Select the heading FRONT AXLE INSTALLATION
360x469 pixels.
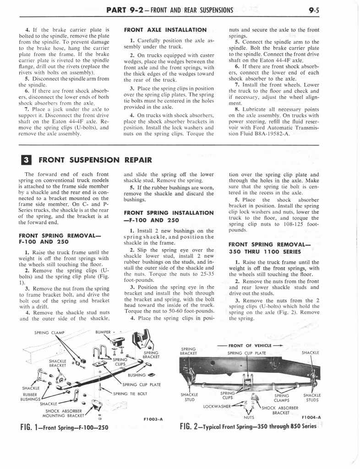[x=165, y=30]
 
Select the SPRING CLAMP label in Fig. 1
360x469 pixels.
[x=49, y=333]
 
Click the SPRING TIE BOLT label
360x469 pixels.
[x=130, y=393]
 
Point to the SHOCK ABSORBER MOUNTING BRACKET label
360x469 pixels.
[x=64, y=413]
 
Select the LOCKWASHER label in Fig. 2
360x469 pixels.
[x=217, y=406]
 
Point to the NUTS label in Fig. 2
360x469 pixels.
[x=249, y=417]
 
